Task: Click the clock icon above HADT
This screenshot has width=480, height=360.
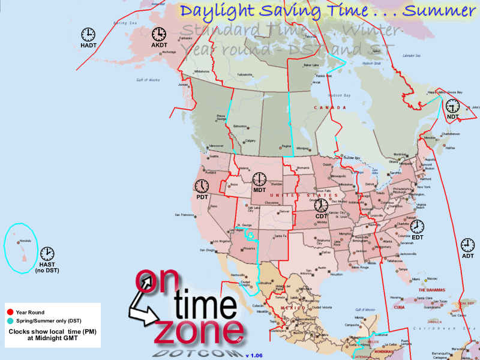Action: [x=88, y=34]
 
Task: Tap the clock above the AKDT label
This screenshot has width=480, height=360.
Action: [x=159, y=34]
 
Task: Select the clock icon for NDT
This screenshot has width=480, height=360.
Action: [x=452, y=106]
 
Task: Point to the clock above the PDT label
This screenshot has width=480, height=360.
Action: [x=202, y=185]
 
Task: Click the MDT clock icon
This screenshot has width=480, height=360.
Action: [x=259, y=179]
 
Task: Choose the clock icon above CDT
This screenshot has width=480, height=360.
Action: [x=322, y=206]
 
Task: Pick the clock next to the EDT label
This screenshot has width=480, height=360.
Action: [x=417, y=226]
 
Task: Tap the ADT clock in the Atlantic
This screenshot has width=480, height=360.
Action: [x=467, y=245]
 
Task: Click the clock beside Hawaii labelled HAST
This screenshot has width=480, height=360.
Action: [x=47, y=254]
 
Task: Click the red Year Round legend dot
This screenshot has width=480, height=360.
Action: [x=10, y=312]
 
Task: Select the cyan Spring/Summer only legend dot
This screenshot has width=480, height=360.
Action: [x=10, y=322]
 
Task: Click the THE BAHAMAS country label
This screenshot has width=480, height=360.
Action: [x=433, y=290]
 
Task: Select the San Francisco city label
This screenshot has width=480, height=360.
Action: [x=185, y=215]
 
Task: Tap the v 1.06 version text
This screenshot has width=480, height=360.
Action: [x=255, y=355]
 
